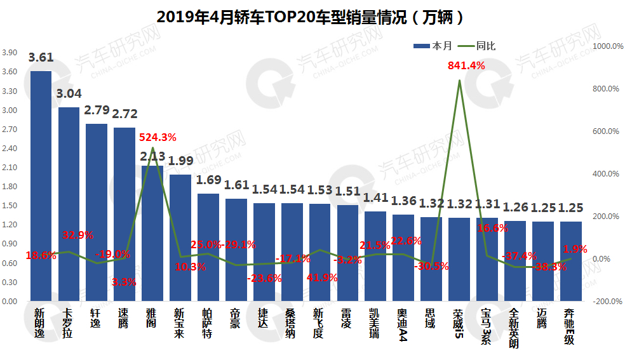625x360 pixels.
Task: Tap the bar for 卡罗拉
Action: point(69,203)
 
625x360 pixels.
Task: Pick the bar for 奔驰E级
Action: point(570,261)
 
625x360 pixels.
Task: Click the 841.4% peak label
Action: point(466,65)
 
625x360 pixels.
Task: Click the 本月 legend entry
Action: point(433,46)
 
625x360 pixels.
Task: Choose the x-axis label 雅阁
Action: point(152,318)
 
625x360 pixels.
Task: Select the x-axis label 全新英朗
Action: point(514,328)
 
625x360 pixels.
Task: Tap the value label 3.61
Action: point(41,57)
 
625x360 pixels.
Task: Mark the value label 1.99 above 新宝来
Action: point(180,161)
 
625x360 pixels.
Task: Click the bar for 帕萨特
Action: point(208,247)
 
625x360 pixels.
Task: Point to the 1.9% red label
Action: point(575,249)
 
